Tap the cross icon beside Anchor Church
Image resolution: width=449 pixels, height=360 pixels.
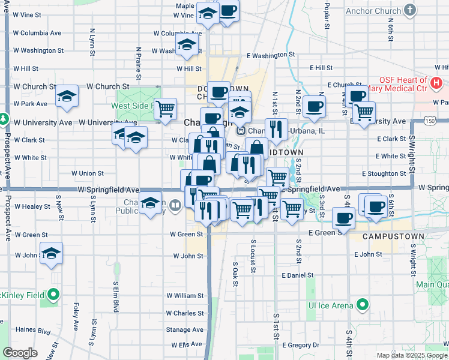coord(411,10)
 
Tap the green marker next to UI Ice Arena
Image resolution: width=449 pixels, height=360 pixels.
coord(362,305)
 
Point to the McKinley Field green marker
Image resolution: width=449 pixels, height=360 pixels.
coord(53,295)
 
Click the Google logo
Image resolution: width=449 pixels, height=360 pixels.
coord(20,353)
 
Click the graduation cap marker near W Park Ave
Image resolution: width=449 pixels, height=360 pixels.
coord(67,97)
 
